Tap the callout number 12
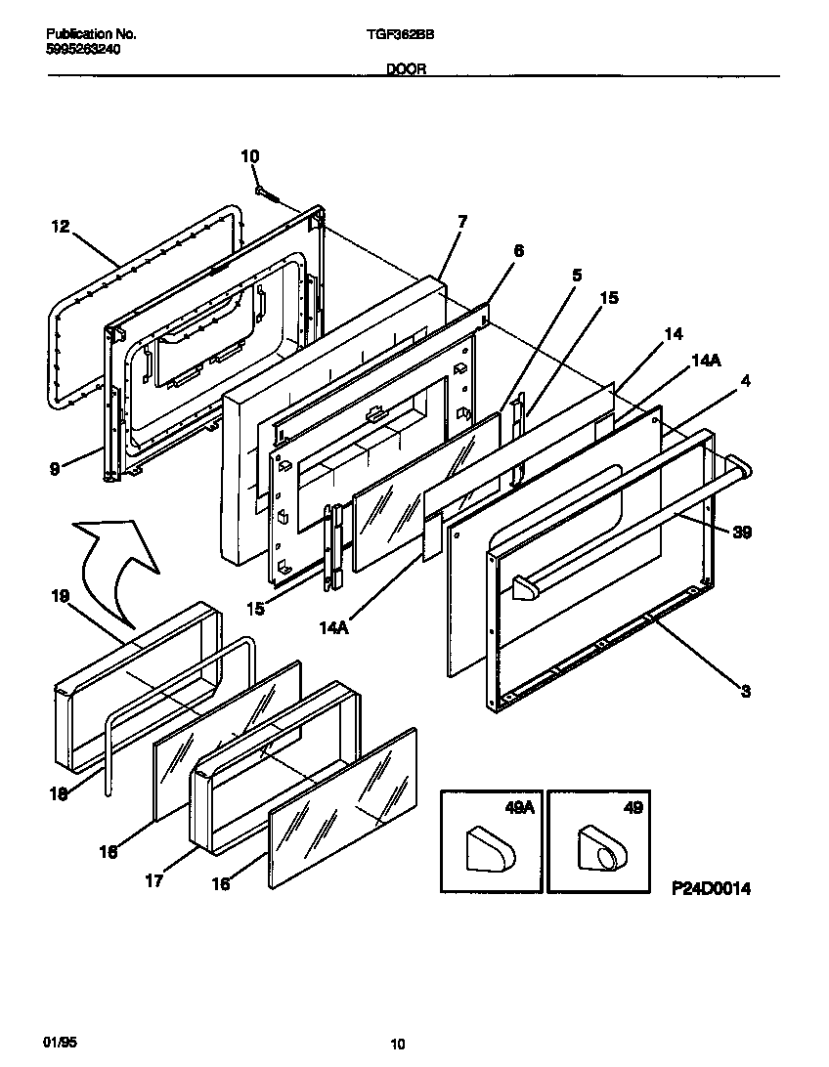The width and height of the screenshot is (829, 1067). (60, 227)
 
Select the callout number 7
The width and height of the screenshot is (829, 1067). (461, 222)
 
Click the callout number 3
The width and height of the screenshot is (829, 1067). (746, 692)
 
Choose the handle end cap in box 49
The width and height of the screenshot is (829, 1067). (598, 847)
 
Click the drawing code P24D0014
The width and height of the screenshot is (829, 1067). (712, 889)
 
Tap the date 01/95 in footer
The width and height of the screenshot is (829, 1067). (60, 1044)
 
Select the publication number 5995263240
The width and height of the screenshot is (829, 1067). (83, 49)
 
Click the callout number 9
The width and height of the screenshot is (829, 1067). (56, 469)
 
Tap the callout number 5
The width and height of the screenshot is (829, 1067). (577, 276)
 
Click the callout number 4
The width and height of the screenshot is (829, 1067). (745, 382)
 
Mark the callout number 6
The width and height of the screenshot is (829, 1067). (518, 251)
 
